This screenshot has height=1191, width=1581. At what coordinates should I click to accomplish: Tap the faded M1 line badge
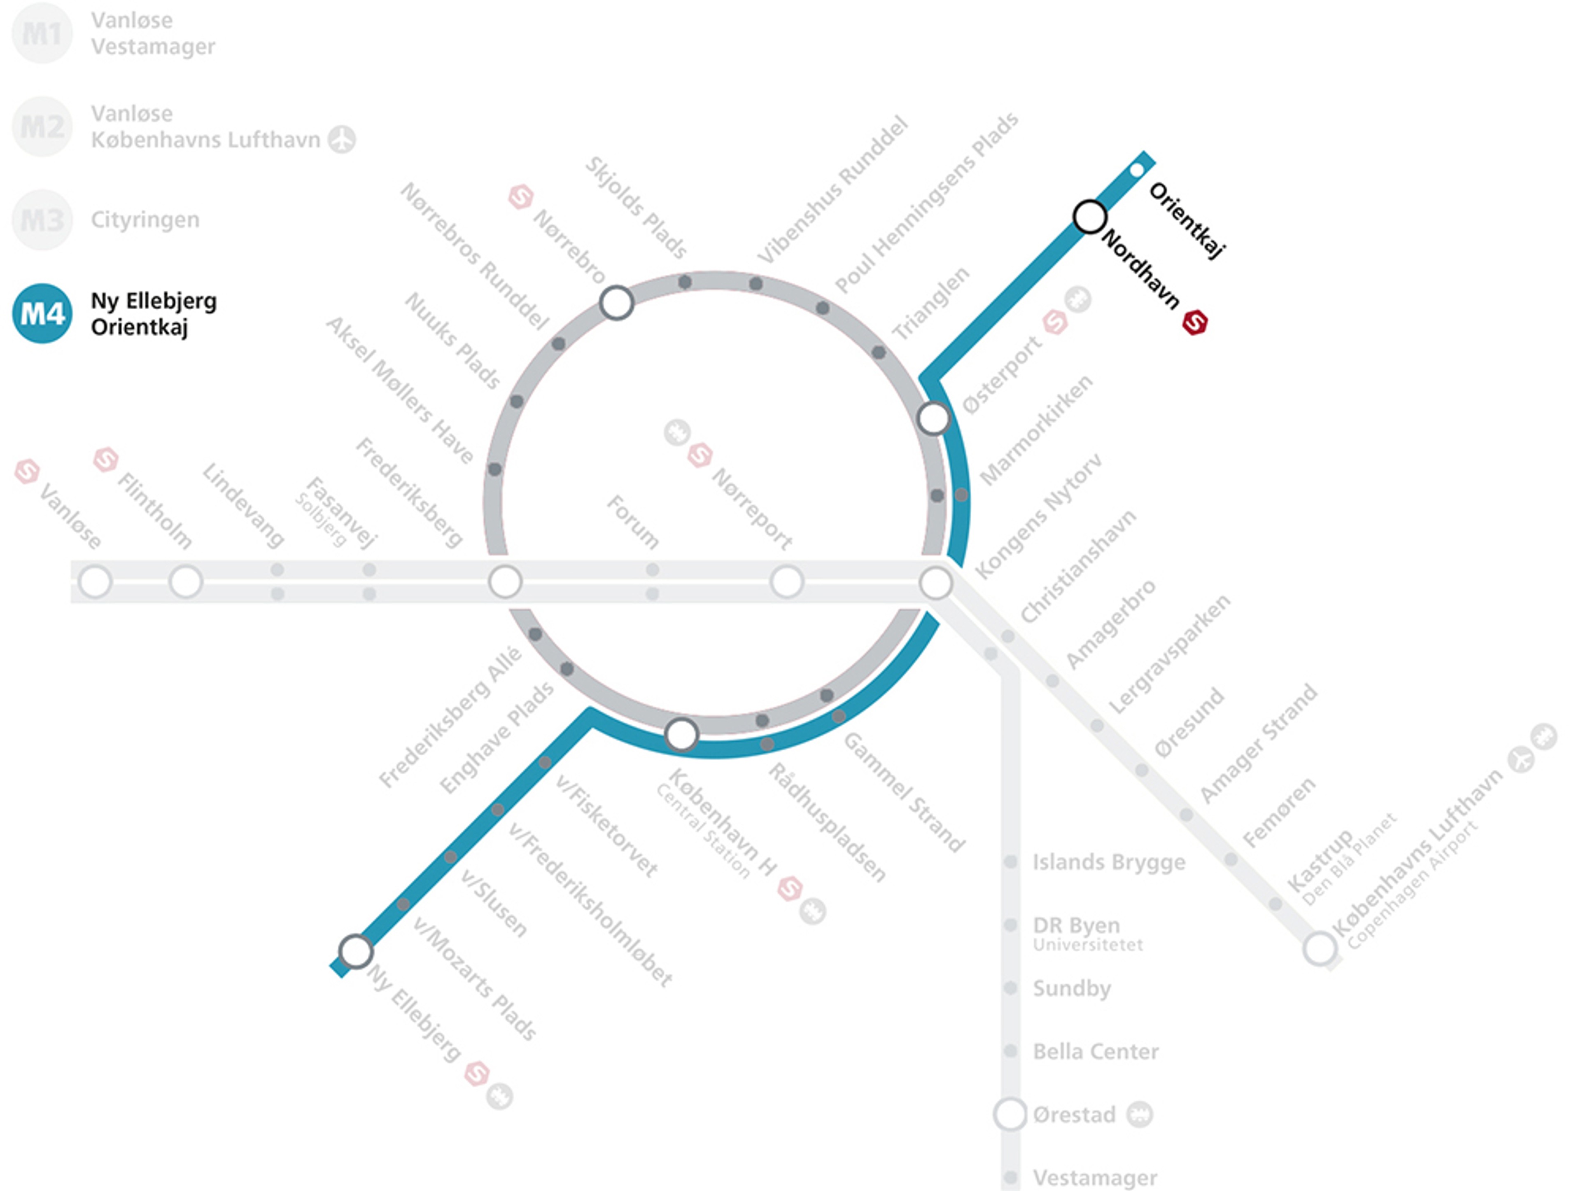(x=42, y=33)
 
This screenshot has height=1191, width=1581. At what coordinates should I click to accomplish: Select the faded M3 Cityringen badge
(x=42, y=220)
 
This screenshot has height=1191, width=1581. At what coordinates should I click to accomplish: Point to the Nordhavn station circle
(x=1090, y=217)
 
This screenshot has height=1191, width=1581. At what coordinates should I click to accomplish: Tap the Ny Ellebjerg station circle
(x=355, y=951)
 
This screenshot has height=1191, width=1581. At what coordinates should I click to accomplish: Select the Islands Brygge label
(x=1109, y=862)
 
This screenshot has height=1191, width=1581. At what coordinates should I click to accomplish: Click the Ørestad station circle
(x=1010, y=1114)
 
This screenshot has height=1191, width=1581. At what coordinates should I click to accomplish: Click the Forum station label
(x=632, y=522)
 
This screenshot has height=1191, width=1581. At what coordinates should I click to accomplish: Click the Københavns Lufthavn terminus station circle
(x=1320, y=949)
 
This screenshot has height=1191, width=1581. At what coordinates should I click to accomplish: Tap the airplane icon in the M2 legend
(x=342, y=139)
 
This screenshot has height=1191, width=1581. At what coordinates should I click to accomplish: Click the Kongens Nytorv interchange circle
(x=935, y=583)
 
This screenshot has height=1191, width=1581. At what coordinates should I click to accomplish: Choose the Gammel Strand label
(x=904, y=792)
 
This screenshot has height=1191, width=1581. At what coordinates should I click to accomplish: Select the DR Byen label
(x=1076, y=925)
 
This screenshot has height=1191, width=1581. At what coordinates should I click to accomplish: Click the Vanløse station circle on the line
(x=95, y=581)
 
